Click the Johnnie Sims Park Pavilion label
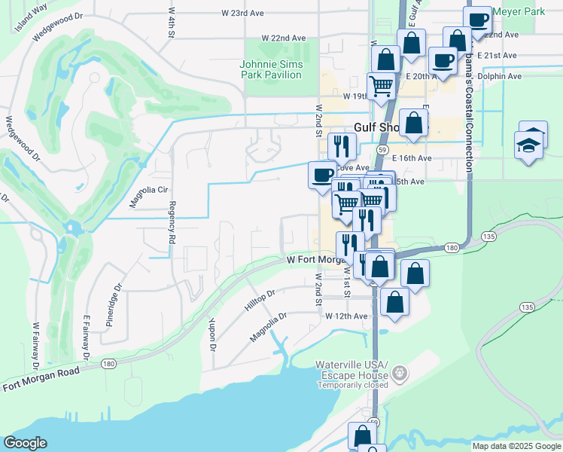point(272,69)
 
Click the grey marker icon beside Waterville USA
point(400,372)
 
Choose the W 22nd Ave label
point(284,38)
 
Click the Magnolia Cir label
point(148,190)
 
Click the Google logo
point(25,443)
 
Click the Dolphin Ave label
point(504,76)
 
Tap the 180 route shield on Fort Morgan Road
point(108,364)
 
